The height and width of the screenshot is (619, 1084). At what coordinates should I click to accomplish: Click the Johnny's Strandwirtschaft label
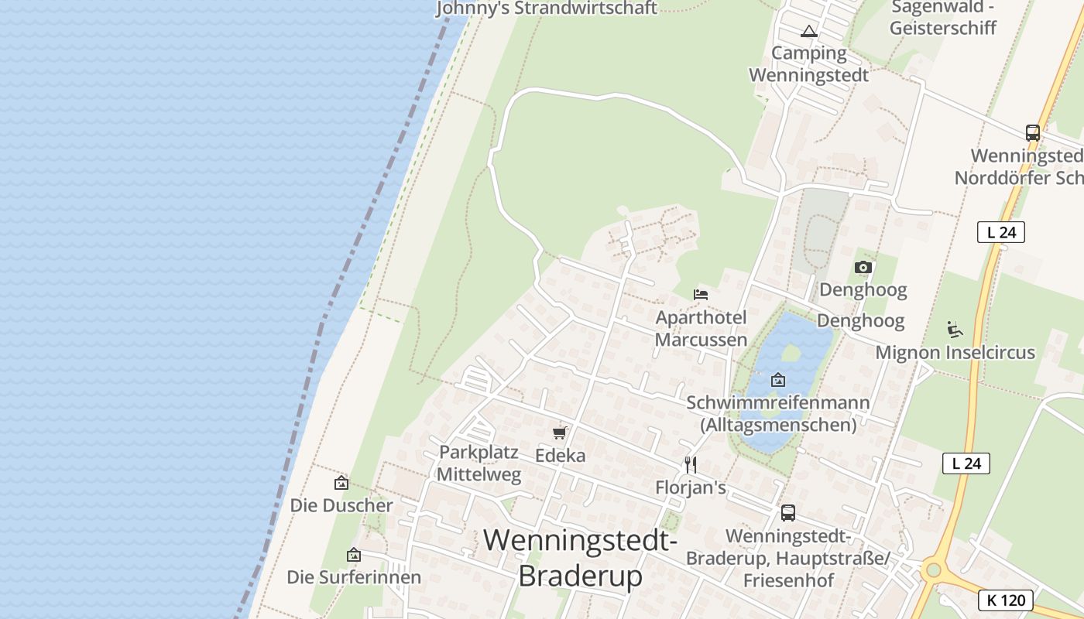pos(547,9)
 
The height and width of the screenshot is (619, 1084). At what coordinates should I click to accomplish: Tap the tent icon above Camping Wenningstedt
pos(809,32)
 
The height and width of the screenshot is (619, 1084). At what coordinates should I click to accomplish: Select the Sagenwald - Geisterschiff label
pos(942,18)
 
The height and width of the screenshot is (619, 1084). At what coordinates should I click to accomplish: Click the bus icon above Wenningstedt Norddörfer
pos(1033,133)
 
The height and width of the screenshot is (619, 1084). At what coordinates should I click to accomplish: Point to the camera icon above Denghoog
pos(863,268)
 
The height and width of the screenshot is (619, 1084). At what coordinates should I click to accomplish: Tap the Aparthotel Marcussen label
pos(702,329)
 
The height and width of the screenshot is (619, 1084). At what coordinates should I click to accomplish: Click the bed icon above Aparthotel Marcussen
pos(701,295)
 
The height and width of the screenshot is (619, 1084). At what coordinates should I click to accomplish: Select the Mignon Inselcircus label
pos(955,353)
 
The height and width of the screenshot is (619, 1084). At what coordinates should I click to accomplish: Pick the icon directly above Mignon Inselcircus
pos(955,330)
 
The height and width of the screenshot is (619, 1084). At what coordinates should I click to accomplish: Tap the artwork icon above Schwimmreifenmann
pos(778,380)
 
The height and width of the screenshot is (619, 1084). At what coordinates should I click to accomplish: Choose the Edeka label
pos(561,456)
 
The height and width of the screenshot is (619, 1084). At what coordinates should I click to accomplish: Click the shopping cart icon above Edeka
pos(560,433)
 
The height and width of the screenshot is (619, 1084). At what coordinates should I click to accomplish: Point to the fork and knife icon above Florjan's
pos(691,464)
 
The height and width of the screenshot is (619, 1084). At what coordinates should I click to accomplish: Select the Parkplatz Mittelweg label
pos(479,463)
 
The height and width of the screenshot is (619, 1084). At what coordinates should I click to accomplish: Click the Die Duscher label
pos(341,505)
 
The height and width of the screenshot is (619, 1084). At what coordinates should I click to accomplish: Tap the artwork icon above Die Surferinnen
pos(354,555)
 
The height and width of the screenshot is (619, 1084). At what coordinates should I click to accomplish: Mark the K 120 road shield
pos(1006,600)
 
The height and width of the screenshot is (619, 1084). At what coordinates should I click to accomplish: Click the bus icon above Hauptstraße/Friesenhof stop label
pos(787,512)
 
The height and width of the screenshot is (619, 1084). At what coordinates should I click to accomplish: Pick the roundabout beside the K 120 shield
pos(933,571)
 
